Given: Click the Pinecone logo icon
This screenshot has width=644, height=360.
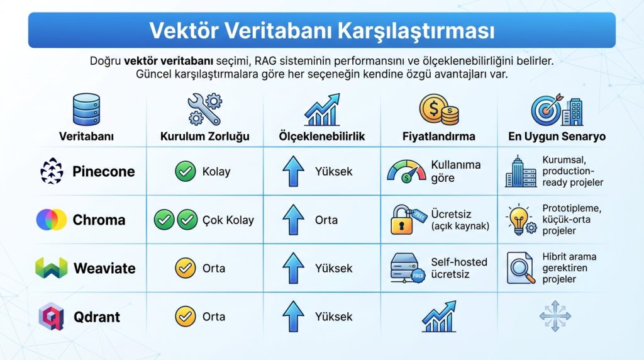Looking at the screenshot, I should (x=52, y=172).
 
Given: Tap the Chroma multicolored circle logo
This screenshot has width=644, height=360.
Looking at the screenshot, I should (x=52, y=220).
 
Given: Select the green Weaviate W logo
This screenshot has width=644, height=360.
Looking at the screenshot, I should (x=52, y=268).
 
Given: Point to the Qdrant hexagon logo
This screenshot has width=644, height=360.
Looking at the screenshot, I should (x=52, y=316).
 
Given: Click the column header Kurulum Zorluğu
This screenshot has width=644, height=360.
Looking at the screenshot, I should (x=205, y=137).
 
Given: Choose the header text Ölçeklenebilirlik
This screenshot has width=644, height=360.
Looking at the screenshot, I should (x=322, y=137).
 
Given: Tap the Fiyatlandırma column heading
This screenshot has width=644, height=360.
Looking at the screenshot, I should (x=439, y=137).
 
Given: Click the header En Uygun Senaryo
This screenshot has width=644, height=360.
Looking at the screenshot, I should (x=557, y=137).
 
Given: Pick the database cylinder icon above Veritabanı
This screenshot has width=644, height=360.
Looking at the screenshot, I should (x=87, y=109).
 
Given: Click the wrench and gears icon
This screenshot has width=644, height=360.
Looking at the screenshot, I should (x=204, y=109).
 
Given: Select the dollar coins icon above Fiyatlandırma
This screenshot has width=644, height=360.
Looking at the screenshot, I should (x=439, y=109).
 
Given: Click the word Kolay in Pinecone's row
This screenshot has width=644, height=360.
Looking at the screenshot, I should (x=216, y=172).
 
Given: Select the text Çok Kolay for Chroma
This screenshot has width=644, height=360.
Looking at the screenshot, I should (x=228, y=220).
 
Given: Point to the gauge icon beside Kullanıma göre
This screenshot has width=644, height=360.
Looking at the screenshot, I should (x=406, y=172).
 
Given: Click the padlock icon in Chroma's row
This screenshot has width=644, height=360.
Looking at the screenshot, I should (x=404, y=220).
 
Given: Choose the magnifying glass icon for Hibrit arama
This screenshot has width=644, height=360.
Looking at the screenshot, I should (x=521, y=268).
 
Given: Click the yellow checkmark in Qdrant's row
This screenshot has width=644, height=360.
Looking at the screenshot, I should (x=186, y=317).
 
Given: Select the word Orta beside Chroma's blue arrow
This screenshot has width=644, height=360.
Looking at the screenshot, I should (x=326, y=220).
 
